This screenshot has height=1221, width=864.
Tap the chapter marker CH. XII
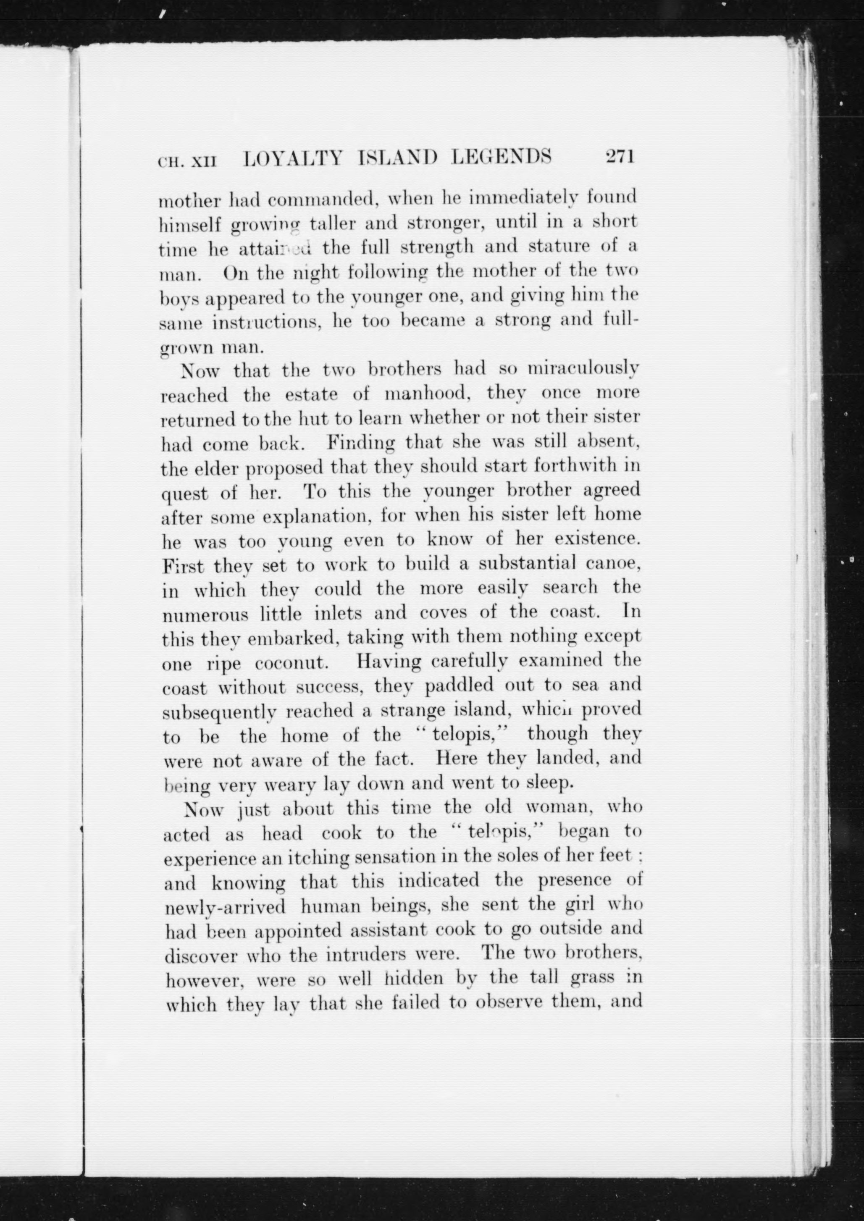pos(187,160)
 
